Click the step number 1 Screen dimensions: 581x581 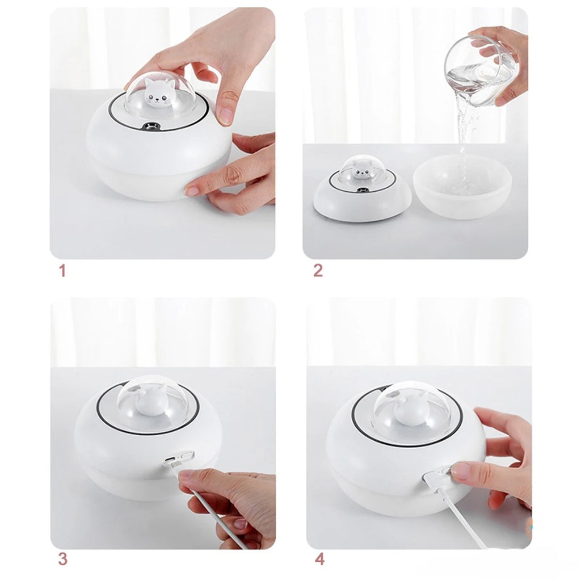tap(62, 271)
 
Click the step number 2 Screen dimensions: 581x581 tap(318, 271)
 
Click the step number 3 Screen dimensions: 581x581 tap(62, 559)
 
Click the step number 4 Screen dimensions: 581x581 tap(319, 559)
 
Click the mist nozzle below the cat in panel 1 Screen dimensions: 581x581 tap(151, 127)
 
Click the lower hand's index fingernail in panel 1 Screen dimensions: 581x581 tap(191, 191)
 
